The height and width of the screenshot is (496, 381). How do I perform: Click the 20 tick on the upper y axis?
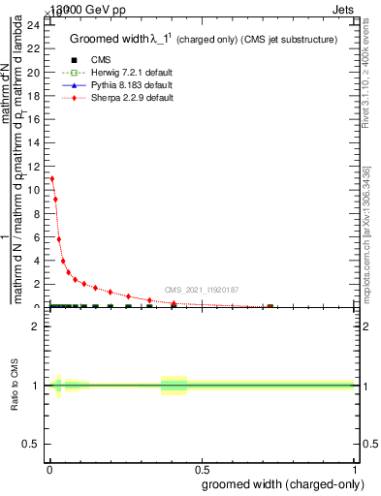coord(38,73)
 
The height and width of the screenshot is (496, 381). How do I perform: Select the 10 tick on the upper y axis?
coord(38,190)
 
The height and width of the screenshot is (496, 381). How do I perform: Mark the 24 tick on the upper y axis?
coord(38,25)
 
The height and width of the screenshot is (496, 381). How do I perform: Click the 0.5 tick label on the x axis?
coord(202,468)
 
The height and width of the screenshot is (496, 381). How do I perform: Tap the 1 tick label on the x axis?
coord(354,468)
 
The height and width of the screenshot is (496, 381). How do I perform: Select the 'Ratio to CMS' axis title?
coord(16,386)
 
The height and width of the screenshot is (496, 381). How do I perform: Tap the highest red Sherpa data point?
coord(52,179)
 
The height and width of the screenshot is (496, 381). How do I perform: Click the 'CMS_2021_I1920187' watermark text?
coord(202,290)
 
